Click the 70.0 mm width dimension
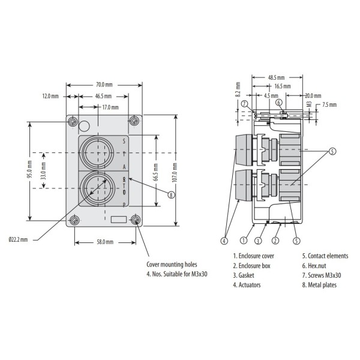(x=104, y=85)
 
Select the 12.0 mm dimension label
(x=50, y=96)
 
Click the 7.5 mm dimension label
(x=329, y=104)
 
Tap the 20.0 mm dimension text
(x=313, y=95)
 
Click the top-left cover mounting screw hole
(x=73, y=122)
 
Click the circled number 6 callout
(x=280, y=103)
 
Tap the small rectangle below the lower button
(x=119, y=220)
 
